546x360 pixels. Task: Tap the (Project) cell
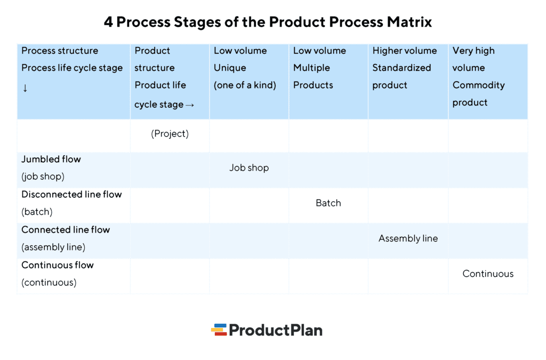pos(170,134)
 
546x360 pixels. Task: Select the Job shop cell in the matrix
pos(249,167)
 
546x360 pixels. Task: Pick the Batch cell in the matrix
pos(328,203)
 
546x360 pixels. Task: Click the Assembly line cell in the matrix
pos(408,238)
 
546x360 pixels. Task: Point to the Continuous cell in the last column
pos(488,274)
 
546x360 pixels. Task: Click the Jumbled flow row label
pos(51,159)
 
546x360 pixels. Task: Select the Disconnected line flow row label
pos(71,194)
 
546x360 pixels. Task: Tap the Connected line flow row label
pos(66,230)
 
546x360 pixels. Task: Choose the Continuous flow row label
pos(58,265)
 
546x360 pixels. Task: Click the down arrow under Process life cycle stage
pos(25,88)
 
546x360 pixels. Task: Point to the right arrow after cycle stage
pos(190,105)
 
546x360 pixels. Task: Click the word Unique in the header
pos(230,68)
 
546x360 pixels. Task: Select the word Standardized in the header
pos(402,68)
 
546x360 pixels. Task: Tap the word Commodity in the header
pos(478,85)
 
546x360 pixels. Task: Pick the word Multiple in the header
pos(311,68)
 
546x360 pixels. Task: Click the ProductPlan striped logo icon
pos(219,330)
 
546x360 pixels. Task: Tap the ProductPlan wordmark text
pos(276,330)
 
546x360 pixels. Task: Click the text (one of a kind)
pos(245,85)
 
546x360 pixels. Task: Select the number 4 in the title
pos(108,22)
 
